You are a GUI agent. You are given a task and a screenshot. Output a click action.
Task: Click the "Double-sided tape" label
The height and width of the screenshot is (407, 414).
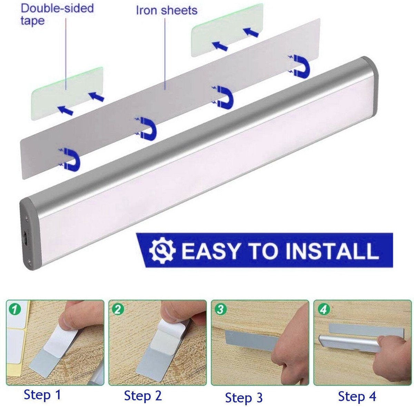(57, 14)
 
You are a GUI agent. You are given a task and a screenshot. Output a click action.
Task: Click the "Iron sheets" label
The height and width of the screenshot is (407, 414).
(167, 10)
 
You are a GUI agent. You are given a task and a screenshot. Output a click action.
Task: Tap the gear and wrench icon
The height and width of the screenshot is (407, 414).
(162, 250)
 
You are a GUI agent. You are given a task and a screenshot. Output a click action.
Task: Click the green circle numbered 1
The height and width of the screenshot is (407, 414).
(15, 310)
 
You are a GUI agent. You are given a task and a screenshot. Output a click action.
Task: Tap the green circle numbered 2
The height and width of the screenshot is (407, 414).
(118, 310)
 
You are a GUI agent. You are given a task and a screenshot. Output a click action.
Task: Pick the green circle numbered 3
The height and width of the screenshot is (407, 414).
(220, 310)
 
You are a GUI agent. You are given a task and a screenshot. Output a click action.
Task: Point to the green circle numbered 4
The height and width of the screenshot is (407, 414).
(323, 310)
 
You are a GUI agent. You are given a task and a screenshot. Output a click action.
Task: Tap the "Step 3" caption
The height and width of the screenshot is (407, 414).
(244, 397)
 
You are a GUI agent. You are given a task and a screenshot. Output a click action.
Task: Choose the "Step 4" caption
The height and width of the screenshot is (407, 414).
(357, 396)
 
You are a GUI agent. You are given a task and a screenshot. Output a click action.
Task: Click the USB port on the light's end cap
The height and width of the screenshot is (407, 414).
(25, 238)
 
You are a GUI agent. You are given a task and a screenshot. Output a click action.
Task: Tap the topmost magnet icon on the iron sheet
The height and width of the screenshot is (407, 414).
(299, 65)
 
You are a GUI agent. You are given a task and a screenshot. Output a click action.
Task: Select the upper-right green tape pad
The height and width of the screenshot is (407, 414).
(227, 30)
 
